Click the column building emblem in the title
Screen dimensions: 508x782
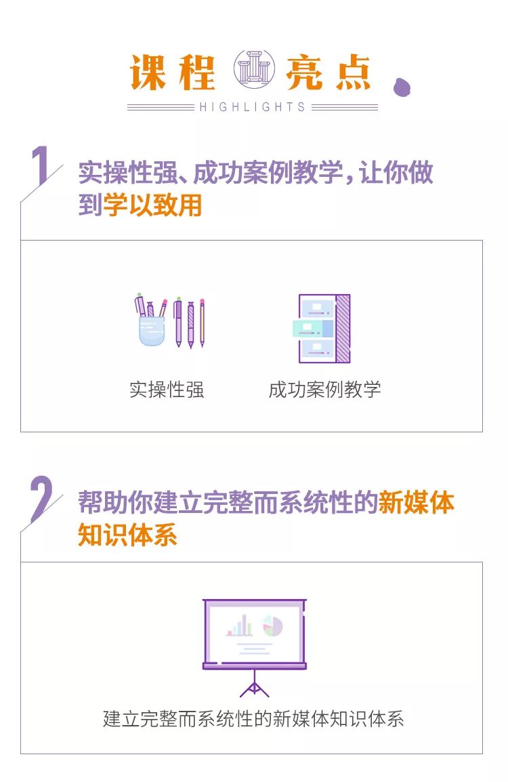pos(254,70)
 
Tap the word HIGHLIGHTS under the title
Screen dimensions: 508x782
pos(252,107)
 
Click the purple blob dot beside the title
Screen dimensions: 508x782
pos(401,87)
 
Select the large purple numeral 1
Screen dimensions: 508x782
pos(41,165)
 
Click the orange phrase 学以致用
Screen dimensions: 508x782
pos(152,205)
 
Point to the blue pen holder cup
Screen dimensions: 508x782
pos(152,330)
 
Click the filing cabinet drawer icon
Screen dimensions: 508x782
pos(322,329)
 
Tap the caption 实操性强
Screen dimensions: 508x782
pos(167,390)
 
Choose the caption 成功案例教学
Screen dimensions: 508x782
pos(324,390)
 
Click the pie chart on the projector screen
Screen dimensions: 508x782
pos(272,625)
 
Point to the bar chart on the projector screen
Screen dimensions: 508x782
pos(239,626)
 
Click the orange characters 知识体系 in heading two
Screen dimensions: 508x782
pos(127,535)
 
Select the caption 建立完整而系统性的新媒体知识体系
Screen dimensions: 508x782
pos(253,719)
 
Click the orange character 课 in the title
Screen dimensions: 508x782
pos(148,72)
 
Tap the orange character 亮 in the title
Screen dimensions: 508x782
pos(304,72)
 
